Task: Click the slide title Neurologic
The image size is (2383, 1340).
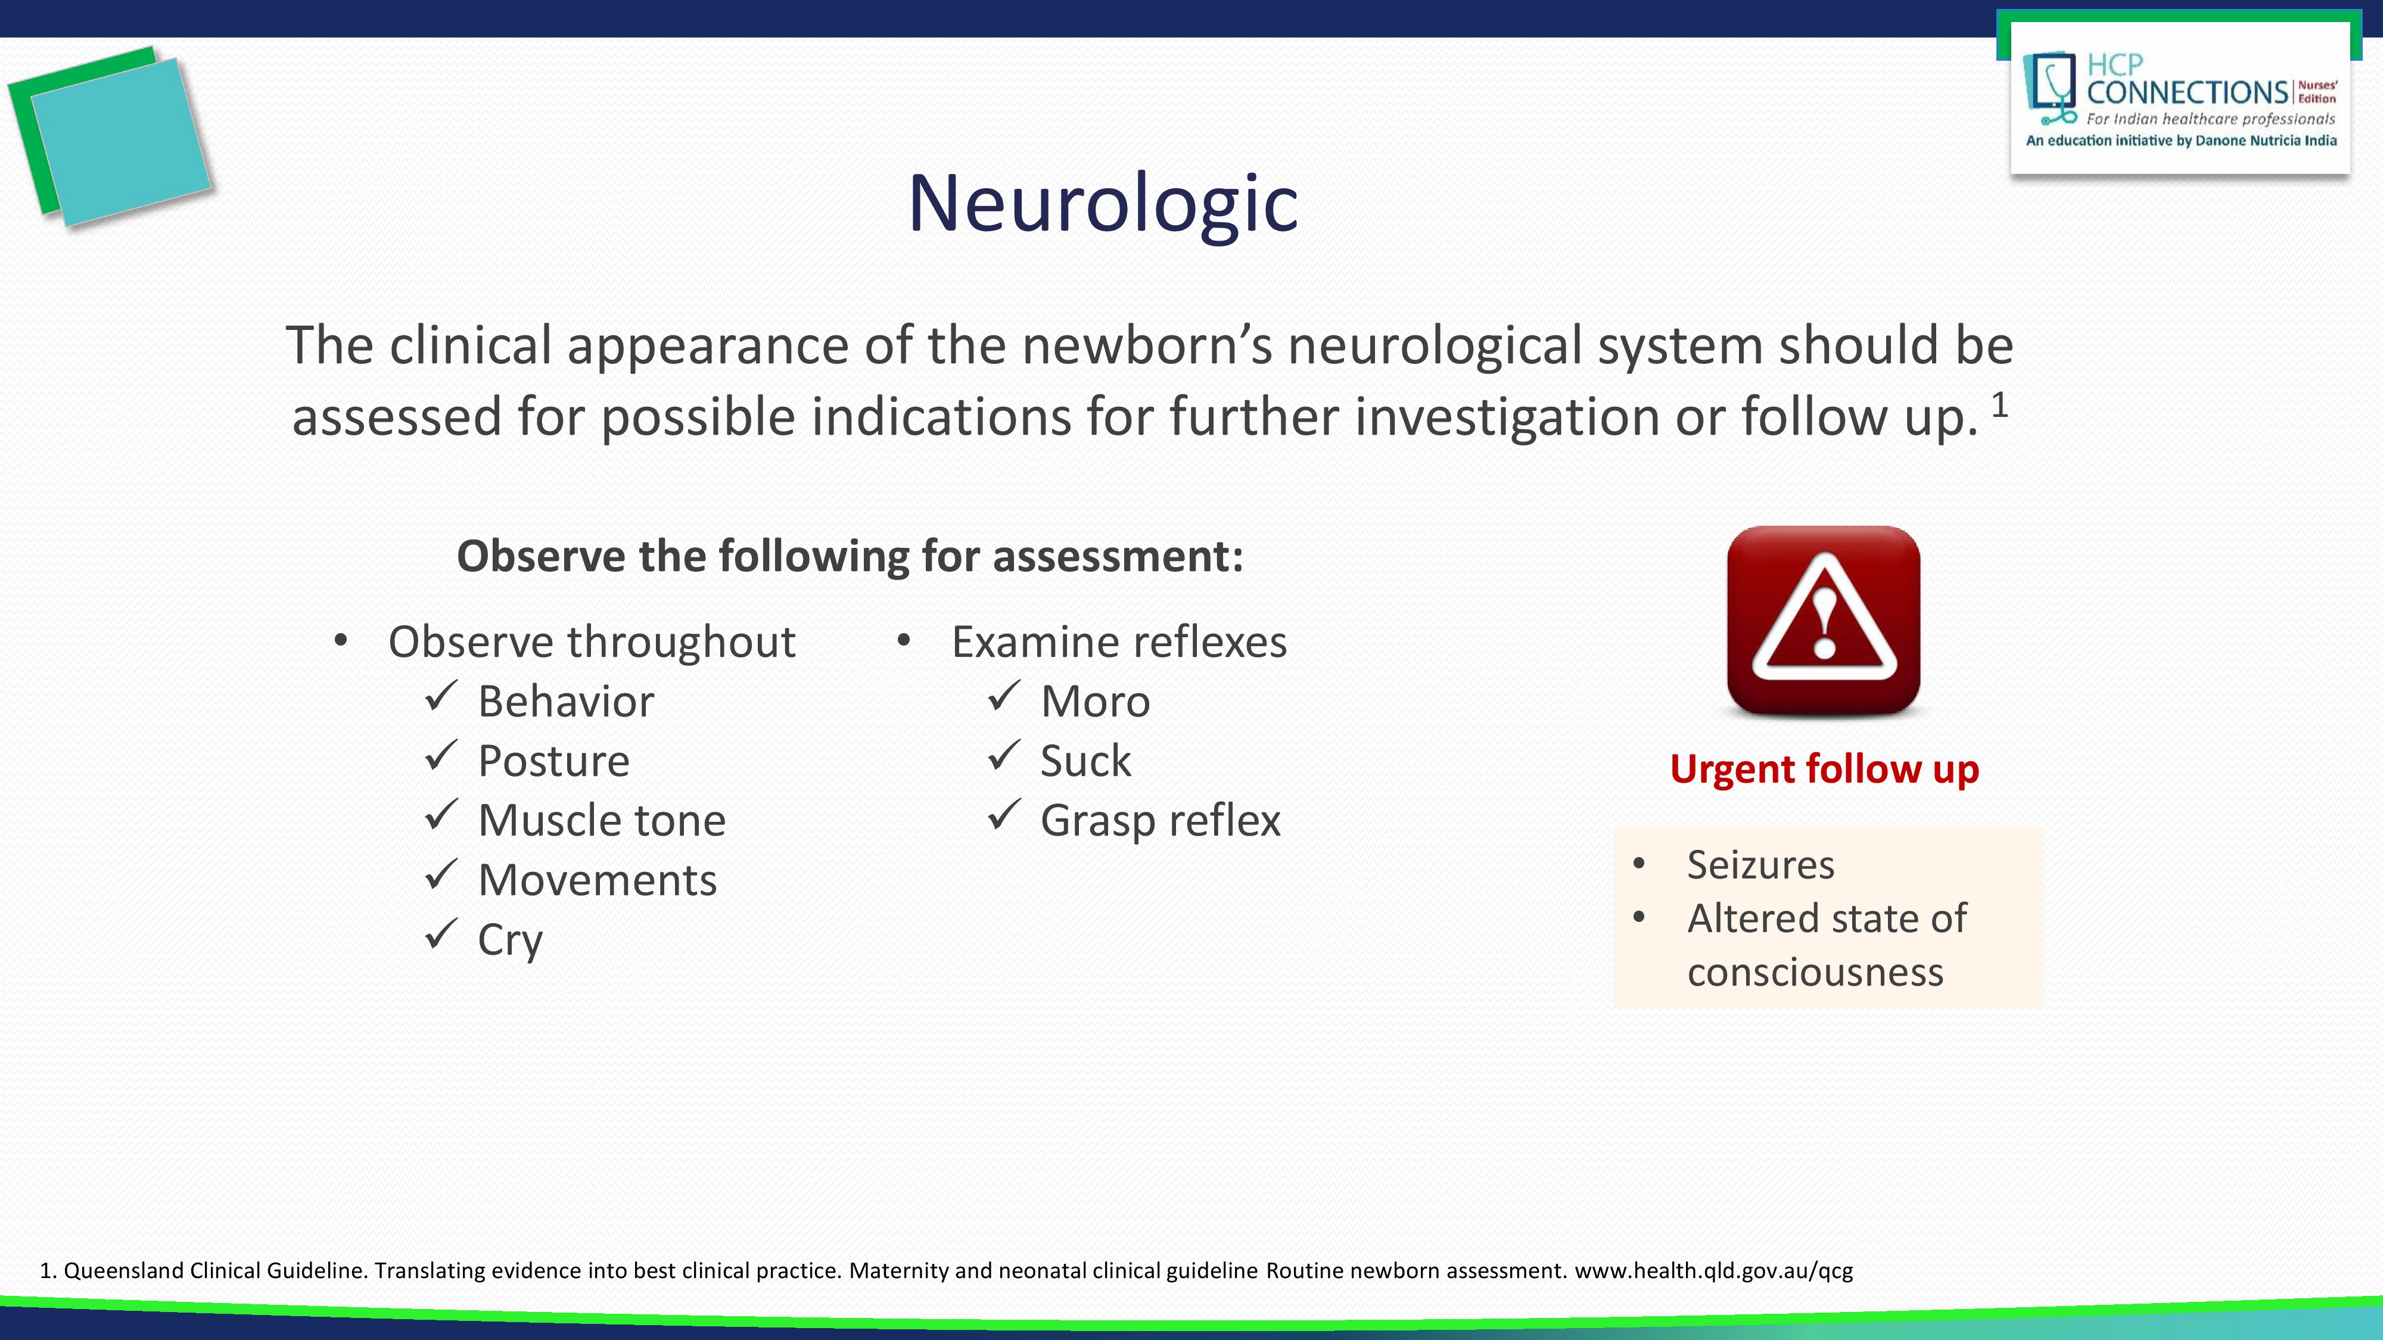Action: [x=1103, y=204]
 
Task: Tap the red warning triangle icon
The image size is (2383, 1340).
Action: [x=1824, y=621]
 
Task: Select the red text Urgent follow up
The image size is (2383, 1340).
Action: [x=1824, y=769]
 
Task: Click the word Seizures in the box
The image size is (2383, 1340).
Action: [x=1759, y=865]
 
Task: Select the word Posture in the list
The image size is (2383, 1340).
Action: [x=553, y=761]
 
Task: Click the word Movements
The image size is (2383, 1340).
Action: [x=597, y=880]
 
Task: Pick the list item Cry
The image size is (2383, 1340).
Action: [x=510, y=940]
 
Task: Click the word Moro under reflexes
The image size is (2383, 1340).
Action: [x=1094, y=702]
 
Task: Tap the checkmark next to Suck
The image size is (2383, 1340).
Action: [x=1004, y=756]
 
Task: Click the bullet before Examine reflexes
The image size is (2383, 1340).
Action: [x=904, y=640]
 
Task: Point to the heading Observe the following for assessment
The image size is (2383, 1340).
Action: [x=849, y=557]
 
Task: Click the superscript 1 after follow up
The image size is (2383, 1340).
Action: [x=1999, y=405]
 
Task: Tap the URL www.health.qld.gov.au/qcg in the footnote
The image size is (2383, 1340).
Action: [x=1713, y=1271]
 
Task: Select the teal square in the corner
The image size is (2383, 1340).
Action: [x=120, y=141]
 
